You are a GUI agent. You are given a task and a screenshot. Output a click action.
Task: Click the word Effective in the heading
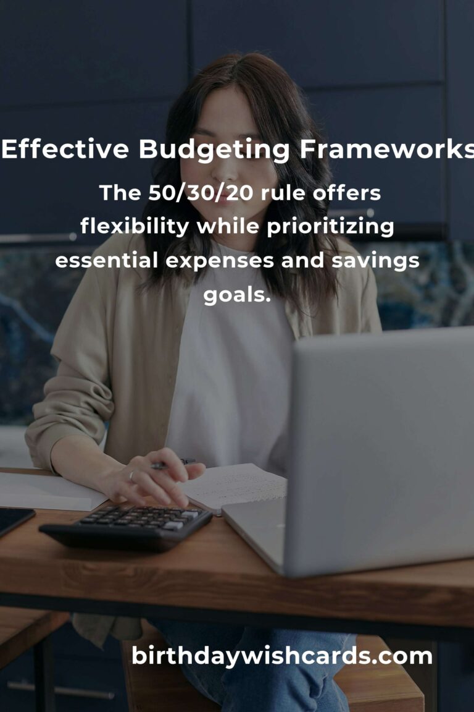point(66,150)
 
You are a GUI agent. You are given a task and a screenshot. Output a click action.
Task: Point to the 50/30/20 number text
point(202,193)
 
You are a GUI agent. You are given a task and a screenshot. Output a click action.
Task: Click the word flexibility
point(135,227)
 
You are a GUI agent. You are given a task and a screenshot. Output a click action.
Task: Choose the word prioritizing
point(330,227)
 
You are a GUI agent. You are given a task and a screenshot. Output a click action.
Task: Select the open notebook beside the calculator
point(238,485)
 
